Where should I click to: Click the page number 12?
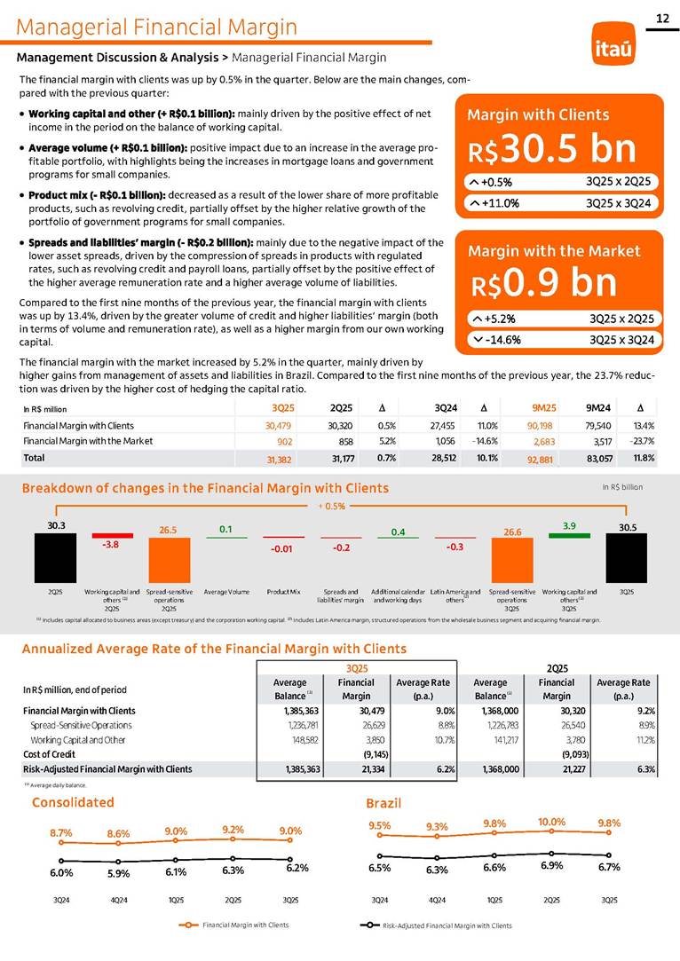click(x=661, y=19)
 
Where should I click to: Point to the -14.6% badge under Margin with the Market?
click(x=502, y=339)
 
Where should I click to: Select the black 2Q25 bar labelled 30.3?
click(x=55, y=556)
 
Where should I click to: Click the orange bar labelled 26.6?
click(x=512, y=557)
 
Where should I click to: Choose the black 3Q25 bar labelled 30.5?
click(x=626, y=557)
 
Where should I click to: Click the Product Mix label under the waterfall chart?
click(x=283, y=590)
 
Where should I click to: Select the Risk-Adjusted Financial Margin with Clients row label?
click(x=107, y=768)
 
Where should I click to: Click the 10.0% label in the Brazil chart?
click(x=551, y=821)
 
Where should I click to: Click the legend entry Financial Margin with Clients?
click(x=245, y=925)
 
